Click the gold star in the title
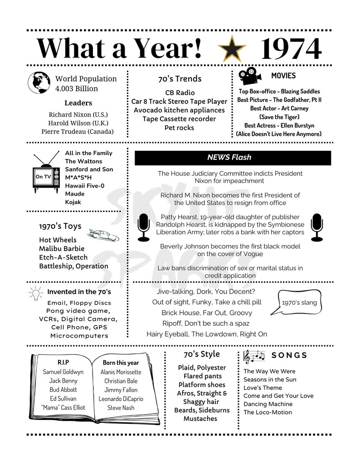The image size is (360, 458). tap(232, 48)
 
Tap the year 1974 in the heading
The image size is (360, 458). tap(291, 48)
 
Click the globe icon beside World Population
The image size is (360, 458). tap(39, 82)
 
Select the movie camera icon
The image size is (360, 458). tap(248, 76)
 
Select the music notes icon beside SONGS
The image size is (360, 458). tap(254, 356)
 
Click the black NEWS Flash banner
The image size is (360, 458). tap(233, 158)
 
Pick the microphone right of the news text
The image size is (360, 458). tap(316, 227)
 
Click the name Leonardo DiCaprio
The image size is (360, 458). tap(121, 399)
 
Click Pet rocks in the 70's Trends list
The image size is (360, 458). tap(179, 128)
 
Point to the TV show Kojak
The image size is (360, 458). tap(73, 202)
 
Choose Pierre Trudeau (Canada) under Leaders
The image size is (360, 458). tap(77, 131)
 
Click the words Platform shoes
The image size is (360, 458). tap(201, 385)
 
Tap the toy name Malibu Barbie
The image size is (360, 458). tap(61, 249)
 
